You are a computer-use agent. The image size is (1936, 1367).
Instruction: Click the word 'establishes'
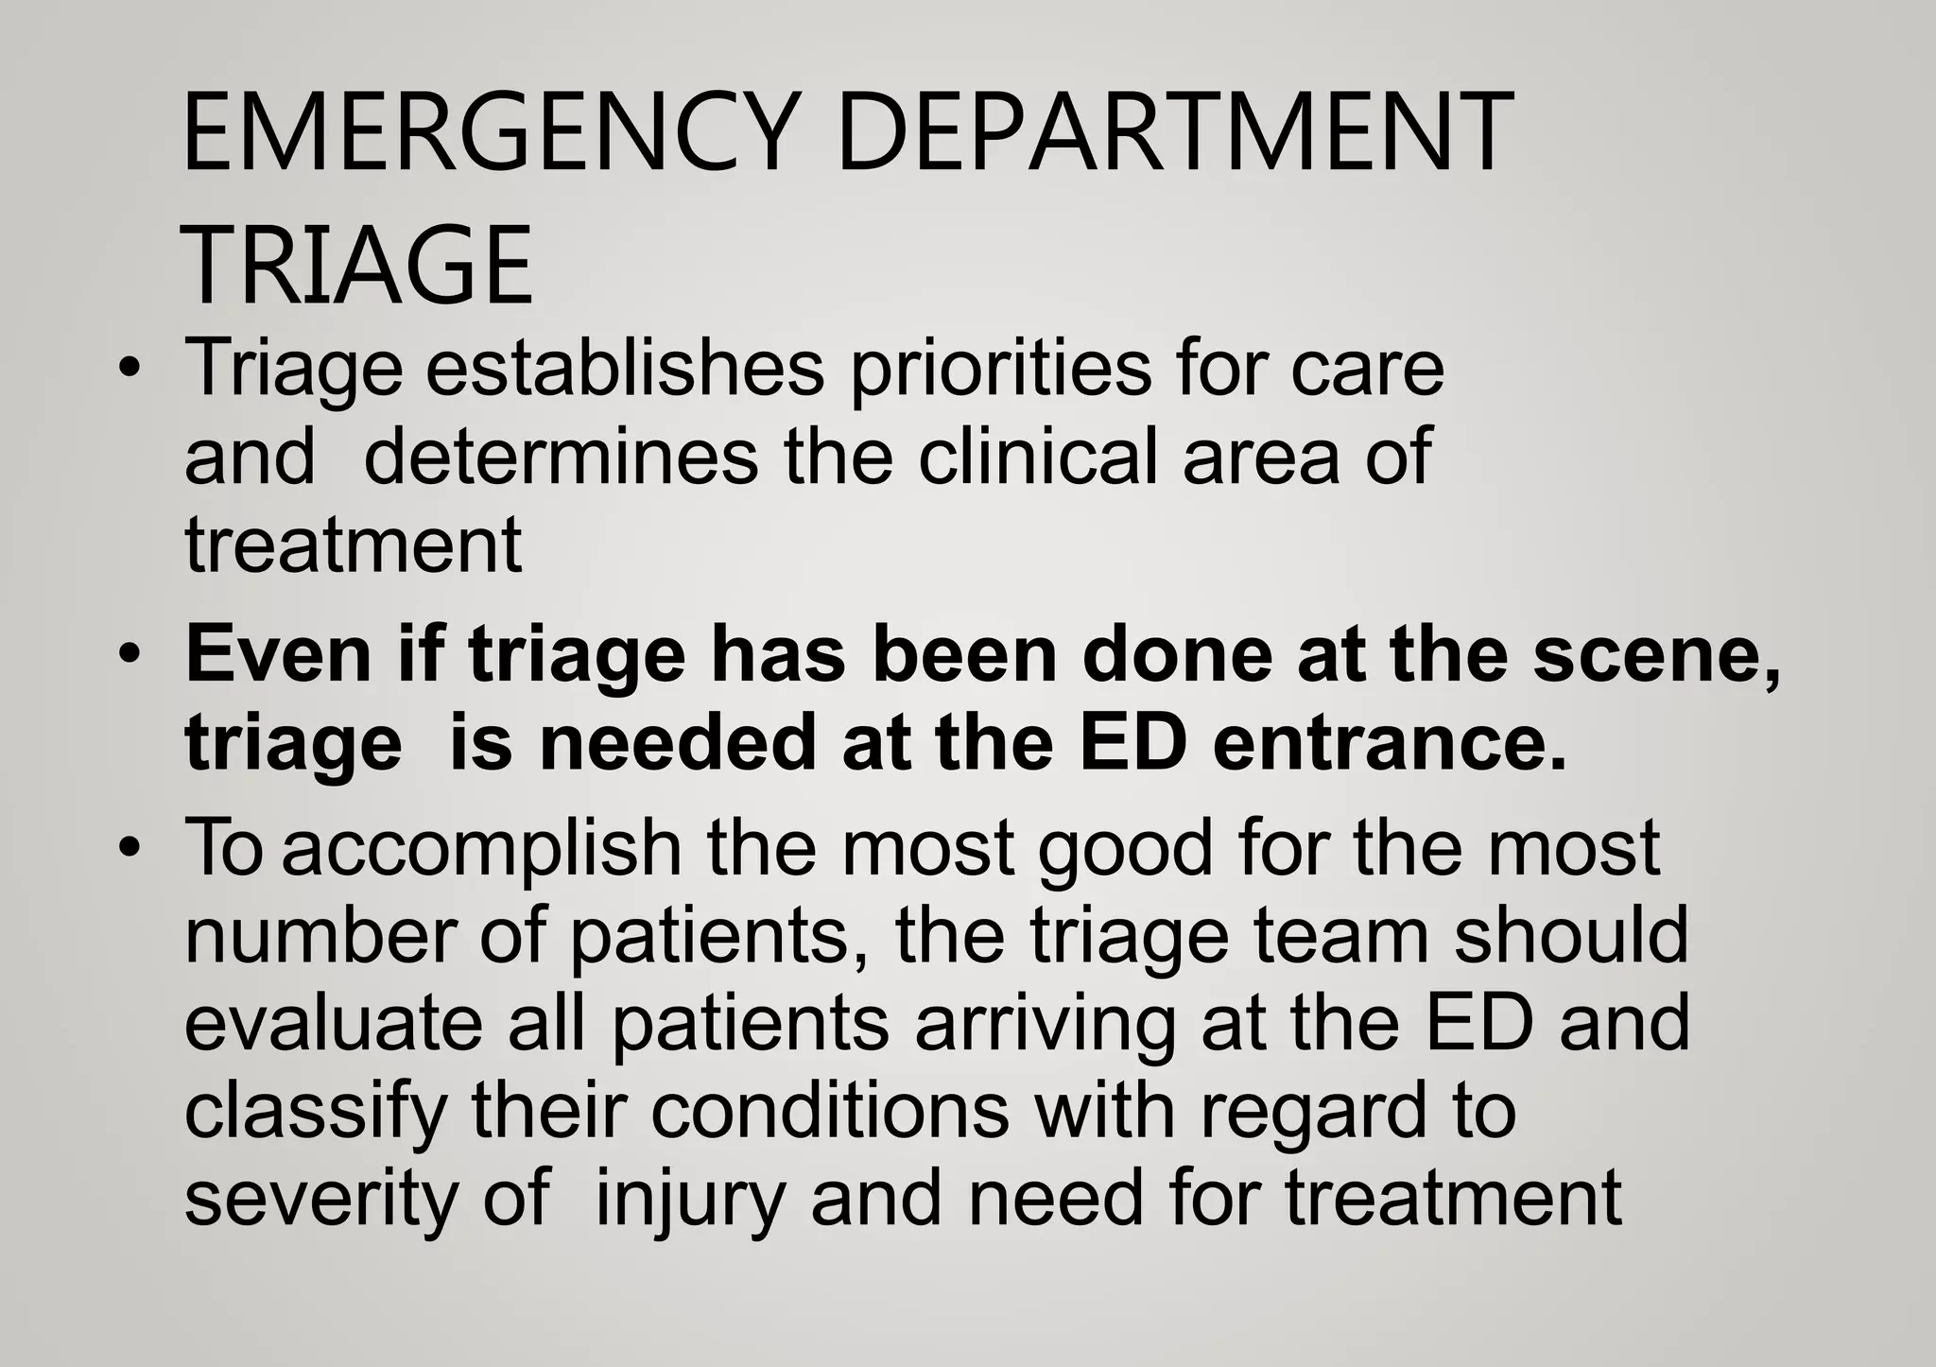625,369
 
